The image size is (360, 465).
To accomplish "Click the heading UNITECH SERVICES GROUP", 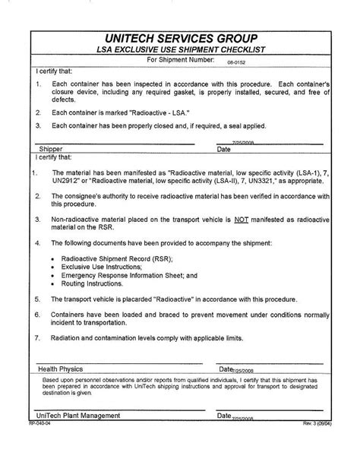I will point(180,39).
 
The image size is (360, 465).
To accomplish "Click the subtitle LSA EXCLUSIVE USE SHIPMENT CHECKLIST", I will point(180,50).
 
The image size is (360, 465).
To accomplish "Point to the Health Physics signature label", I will point(63,369).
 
